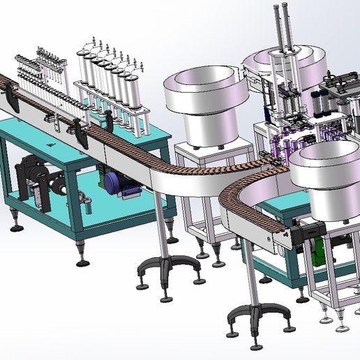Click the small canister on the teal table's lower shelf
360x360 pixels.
90,207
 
